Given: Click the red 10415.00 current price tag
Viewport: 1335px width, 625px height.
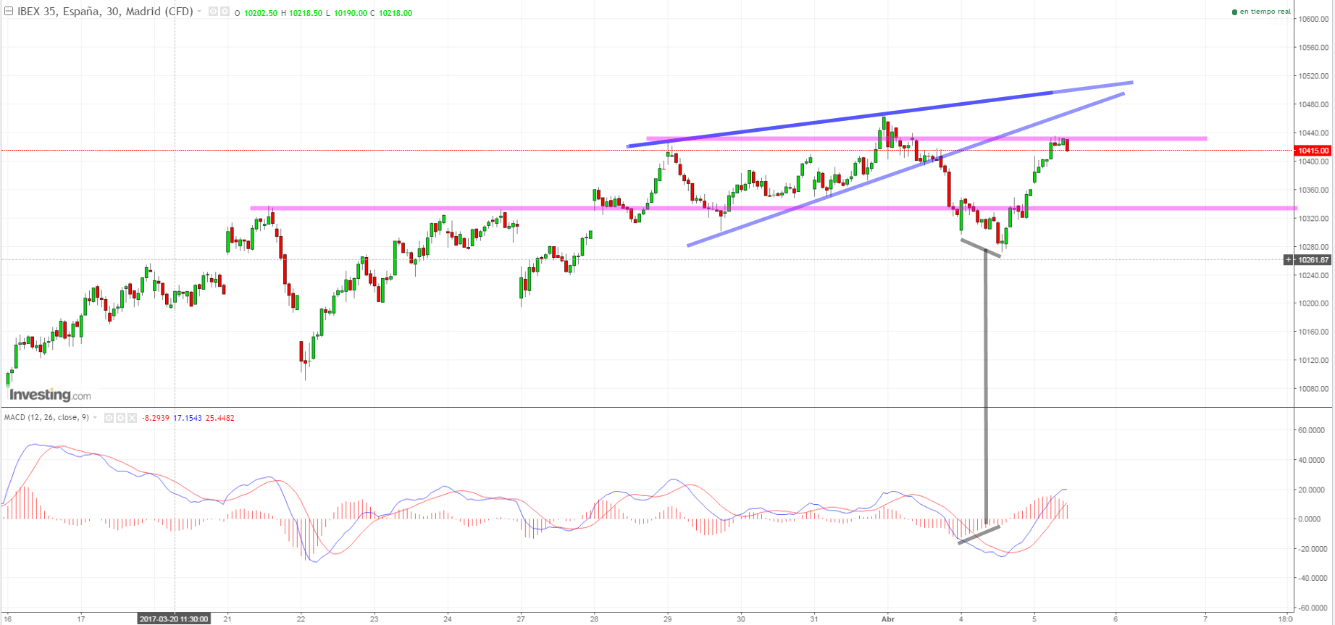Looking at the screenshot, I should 1313,151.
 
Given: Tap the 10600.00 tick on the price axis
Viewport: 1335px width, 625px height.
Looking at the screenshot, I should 1314,20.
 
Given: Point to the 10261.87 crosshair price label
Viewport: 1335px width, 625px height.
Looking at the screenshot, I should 1313,260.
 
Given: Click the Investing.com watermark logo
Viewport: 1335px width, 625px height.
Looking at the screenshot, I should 50,395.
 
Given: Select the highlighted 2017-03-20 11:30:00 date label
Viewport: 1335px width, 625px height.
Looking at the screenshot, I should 174,619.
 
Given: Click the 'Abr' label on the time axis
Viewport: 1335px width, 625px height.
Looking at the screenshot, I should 888,619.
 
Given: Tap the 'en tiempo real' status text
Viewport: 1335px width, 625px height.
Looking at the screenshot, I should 1265,12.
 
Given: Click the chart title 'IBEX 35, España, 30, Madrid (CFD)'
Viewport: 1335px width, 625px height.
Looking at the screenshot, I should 105,12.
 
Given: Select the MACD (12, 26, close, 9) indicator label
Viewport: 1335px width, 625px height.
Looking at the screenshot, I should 46,418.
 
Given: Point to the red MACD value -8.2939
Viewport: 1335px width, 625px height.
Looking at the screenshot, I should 156,418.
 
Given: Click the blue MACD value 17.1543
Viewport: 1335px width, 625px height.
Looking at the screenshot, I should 188,418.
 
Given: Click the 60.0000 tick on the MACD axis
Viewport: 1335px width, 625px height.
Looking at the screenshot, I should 1311,430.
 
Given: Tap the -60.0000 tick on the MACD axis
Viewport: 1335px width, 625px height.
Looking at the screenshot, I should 1311,608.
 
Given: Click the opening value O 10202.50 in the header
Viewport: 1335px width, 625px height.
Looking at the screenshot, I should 256,13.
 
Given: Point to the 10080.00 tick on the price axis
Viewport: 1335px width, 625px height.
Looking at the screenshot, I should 1314,389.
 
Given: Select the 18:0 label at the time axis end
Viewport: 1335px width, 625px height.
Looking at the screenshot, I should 1285,619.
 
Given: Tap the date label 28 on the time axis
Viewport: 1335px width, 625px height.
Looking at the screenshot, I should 594,619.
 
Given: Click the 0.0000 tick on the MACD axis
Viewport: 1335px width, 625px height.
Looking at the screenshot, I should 1310,519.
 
